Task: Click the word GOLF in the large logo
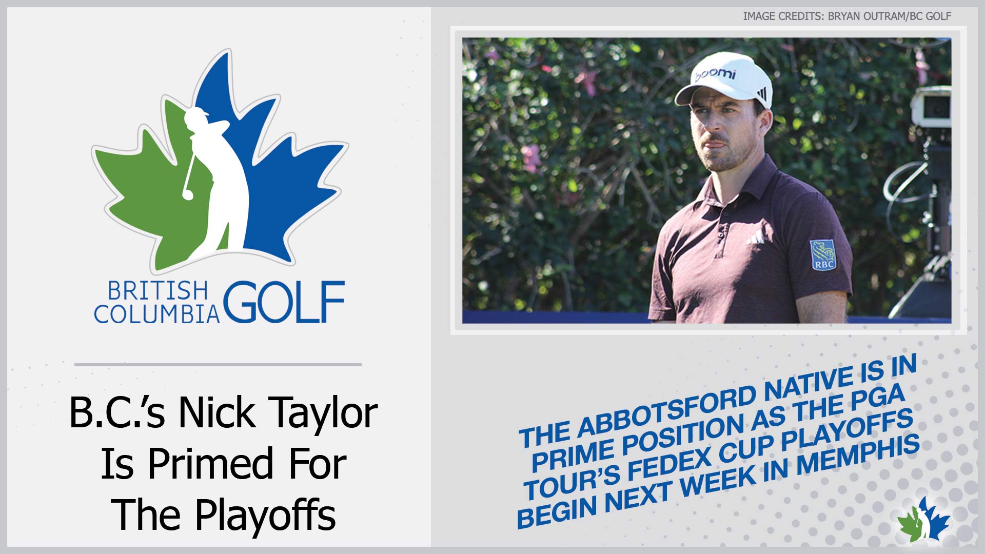[284, 302]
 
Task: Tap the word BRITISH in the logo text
[157, 291]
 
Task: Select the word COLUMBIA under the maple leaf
[156, 314]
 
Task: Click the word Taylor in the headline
[323, 414]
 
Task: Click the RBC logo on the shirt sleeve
[823, 255]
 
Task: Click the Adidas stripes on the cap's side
[762, 94]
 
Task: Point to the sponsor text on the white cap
[715, 74]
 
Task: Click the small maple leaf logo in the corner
[923, 519]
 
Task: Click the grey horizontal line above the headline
[218, 365]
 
